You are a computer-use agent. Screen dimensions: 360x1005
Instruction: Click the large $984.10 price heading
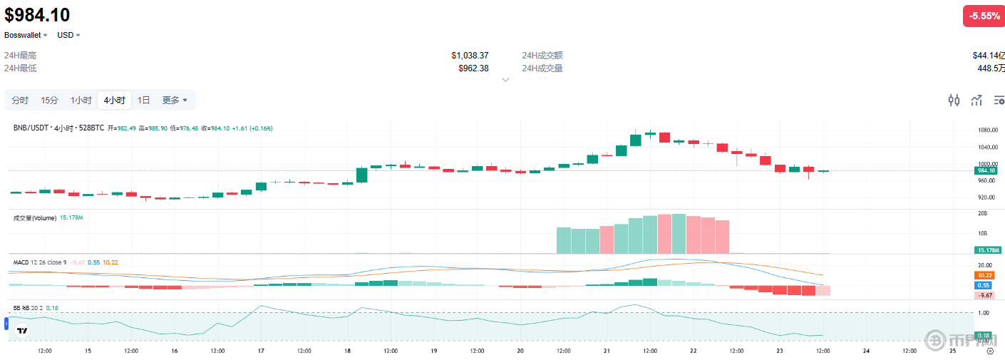(37, 14)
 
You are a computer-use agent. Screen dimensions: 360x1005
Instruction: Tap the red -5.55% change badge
(983, 16)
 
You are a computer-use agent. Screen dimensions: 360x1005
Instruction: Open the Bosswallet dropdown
(26, 35)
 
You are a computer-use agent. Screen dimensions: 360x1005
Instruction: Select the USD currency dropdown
(69, 35)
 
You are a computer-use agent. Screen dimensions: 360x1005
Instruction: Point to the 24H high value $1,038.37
(470, 56)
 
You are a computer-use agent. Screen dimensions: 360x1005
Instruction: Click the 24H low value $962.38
(473, 68)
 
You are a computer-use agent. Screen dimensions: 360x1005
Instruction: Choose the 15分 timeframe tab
(49, 101)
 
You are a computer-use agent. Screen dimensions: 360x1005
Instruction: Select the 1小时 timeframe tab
(81, 101)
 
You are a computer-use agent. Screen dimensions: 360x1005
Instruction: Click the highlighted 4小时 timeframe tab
(114, 101)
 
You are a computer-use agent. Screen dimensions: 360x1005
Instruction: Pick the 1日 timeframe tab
(144, 101)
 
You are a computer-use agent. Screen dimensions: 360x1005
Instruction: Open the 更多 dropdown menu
(175, 101)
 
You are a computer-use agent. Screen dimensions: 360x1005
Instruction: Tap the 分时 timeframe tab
(20, 101)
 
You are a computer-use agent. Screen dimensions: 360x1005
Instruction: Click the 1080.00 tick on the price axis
(986, 130)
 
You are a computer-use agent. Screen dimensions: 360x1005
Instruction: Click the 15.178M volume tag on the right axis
(988, 250)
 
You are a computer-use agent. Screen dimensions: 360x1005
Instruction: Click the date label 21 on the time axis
(607, 351)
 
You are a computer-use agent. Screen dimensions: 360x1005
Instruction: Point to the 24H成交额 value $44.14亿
(988, 56)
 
